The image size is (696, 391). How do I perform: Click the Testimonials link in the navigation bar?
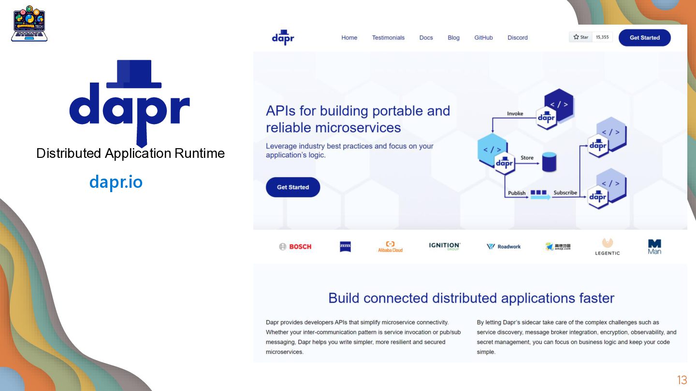[388, 38]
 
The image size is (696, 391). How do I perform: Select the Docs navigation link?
[426, 38]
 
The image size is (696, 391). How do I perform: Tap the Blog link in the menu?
[453, 38]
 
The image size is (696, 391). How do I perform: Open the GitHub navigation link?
[483, 38]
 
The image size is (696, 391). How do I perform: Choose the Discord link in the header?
[517, 38]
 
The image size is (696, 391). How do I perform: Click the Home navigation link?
[349, 38]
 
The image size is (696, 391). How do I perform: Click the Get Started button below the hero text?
[293, 187]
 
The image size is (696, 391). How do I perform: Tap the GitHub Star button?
[580, 37]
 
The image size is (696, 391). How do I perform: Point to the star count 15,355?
[602, 37]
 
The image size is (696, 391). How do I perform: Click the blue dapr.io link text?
[116, 182]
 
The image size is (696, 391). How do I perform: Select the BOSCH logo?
[295, 247]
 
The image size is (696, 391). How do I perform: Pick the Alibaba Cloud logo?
[390, 247]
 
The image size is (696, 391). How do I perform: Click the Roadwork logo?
[504, 247]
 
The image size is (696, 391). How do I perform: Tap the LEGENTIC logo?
[607, 247]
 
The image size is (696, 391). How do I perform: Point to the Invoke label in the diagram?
[515, 114]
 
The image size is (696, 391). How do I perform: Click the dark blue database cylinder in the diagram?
[549, 162]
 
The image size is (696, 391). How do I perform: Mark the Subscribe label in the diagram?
[565, 193]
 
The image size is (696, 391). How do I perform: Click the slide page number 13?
[682, 380]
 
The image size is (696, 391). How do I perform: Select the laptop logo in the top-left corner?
[29, 24]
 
